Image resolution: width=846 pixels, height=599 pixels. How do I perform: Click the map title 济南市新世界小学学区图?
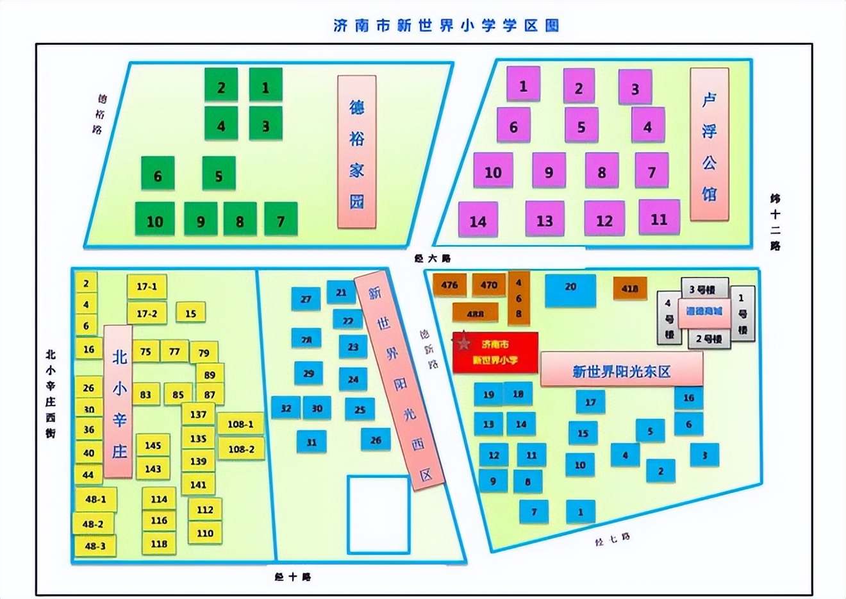pos(446,25)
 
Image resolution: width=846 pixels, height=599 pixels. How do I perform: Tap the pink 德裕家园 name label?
pos(356,152)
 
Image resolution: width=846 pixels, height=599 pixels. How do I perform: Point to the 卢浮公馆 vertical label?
pos(709,145)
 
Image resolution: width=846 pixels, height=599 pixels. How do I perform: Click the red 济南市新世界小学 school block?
pos(495,353)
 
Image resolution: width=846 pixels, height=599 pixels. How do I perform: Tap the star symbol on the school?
pos(464,344)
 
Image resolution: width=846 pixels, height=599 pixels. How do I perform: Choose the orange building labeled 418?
pos(629,289)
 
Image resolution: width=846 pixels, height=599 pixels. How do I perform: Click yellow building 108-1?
pos(240,424)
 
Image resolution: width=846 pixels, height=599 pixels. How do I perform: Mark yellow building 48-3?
pos(95,546)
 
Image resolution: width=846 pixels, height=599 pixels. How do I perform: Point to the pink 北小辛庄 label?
pos(119,402)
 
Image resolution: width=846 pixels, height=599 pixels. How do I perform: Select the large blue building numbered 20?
pos(570,290)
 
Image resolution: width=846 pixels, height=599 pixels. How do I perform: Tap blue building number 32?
pos(286,408)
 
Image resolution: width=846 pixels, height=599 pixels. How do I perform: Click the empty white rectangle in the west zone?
pos(378,514)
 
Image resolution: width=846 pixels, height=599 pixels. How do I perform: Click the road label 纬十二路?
pos(775,221)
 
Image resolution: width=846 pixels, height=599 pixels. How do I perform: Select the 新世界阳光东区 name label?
pos(621,371)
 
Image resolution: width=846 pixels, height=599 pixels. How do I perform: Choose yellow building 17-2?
pos(147,313)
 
